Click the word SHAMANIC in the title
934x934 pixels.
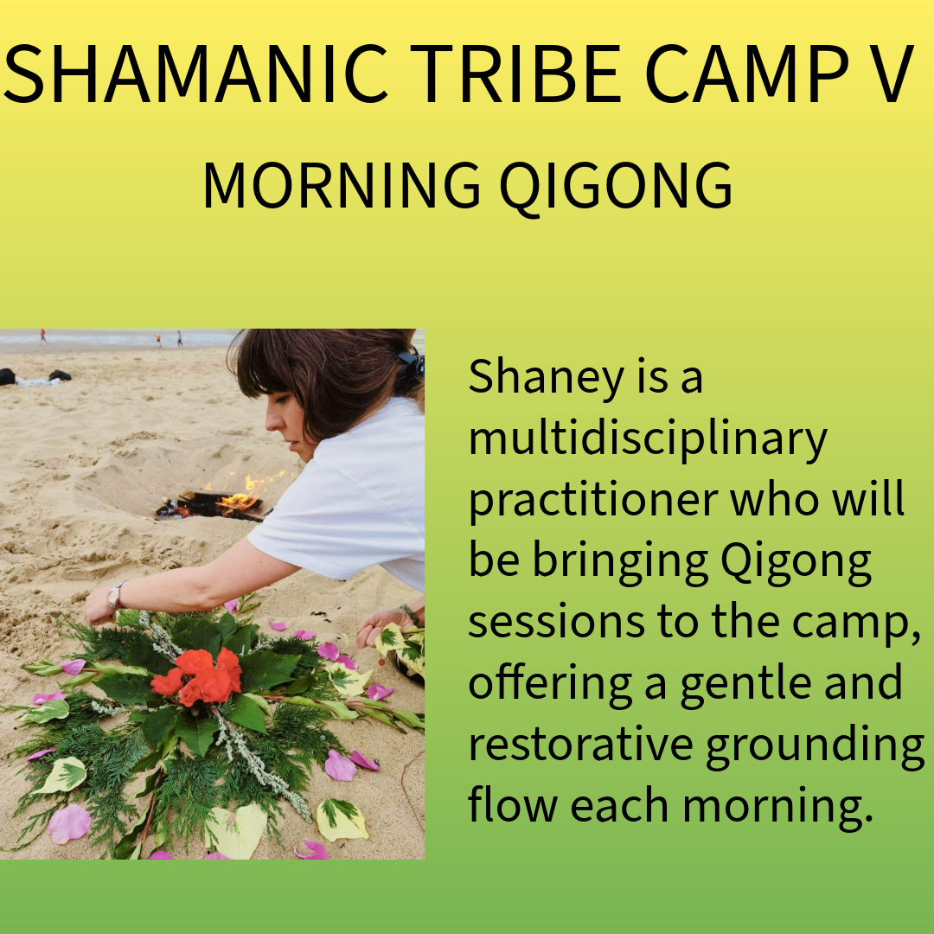click(195, 74)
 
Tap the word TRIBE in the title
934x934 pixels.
click(515, 74)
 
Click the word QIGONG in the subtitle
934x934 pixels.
click(616, 186)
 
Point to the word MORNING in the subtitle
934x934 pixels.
click(342, 185)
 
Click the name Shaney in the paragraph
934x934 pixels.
click(547, 378)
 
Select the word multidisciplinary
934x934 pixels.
click(648, 439)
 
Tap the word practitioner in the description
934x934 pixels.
click(592, 502)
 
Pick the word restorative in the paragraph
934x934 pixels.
click(580, 745)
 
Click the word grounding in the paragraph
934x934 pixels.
click(815, 748)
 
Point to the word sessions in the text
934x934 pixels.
click(556, 623)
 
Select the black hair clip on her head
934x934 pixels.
click(411, 361)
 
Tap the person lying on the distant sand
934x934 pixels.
click(35, 378)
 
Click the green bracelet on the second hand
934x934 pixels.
click(409, 615)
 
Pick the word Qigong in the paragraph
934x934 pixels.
click(796, 563)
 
